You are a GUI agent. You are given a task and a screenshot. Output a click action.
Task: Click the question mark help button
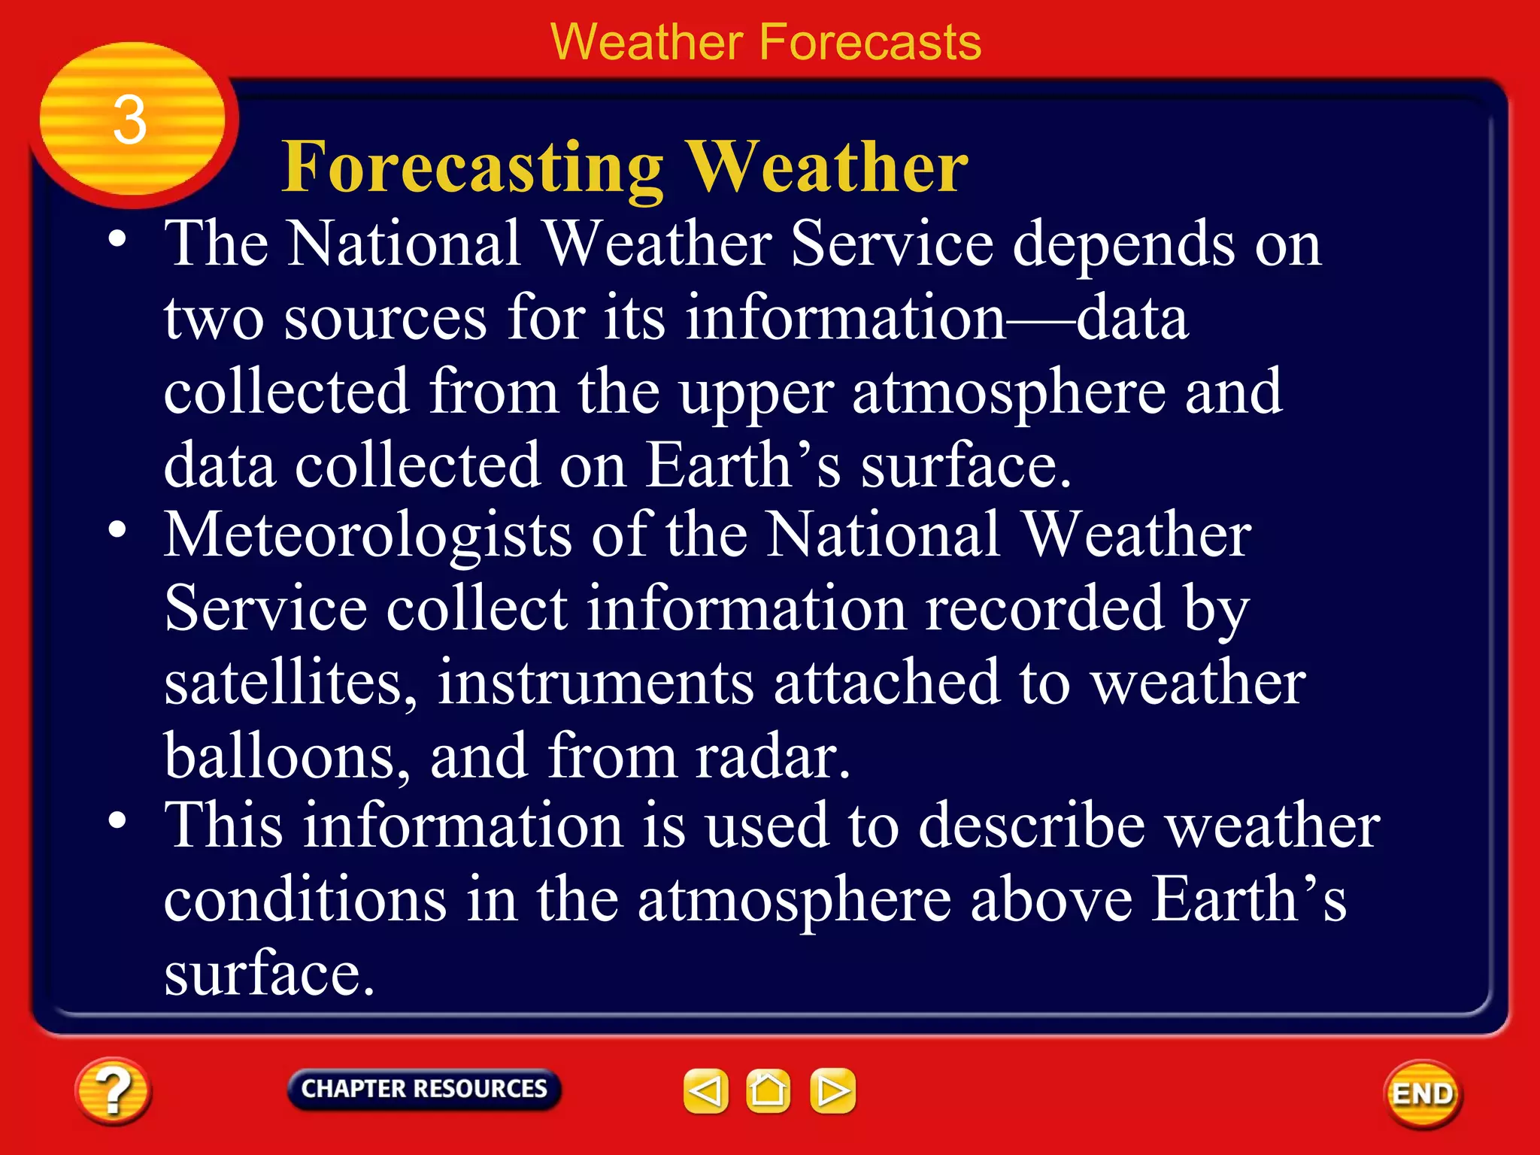113,1091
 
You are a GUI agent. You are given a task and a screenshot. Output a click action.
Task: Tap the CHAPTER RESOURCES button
424,1089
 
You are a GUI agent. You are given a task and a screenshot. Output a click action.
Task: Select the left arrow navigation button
705,1091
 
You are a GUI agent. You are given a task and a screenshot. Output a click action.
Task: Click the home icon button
768,1091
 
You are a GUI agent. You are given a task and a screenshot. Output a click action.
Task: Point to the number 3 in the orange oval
129,120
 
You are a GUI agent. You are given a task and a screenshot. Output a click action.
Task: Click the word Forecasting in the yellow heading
473,167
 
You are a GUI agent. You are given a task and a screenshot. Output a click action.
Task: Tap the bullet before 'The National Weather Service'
117,240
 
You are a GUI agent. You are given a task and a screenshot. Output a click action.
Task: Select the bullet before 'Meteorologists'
117,530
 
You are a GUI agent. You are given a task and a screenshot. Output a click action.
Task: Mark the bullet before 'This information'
117,820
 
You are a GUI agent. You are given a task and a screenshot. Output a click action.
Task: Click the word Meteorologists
368,535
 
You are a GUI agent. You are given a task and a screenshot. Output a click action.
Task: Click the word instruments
596,682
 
